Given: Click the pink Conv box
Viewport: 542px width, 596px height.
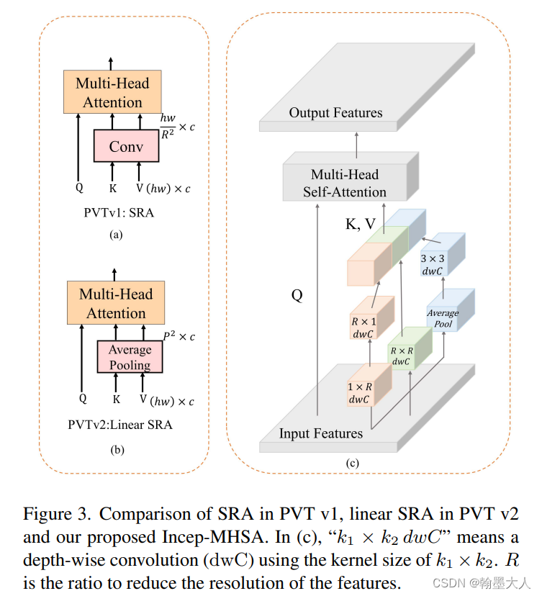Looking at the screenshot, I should point(126,146).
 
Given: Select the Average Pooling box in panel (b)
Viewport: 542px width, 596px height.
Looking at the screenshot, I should point(130,356).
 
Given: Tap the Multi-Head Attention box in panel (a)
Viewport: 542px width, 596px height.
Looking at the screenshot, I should point(112,92).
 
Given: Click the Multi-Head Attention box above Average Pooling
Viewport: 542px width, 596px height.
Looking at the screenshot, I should point(116,303).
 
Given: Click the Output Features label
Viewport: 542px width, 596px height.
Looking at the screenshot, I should point(335,113).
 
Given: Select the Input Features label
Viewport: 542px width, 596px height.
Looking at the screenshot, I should point(321,433).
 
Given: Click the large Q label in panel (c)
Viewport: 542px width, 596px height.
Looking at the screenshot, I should point(297,295).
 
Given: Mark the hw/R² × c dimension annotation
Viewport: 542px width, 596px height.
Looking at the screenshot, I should point(177,126).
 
